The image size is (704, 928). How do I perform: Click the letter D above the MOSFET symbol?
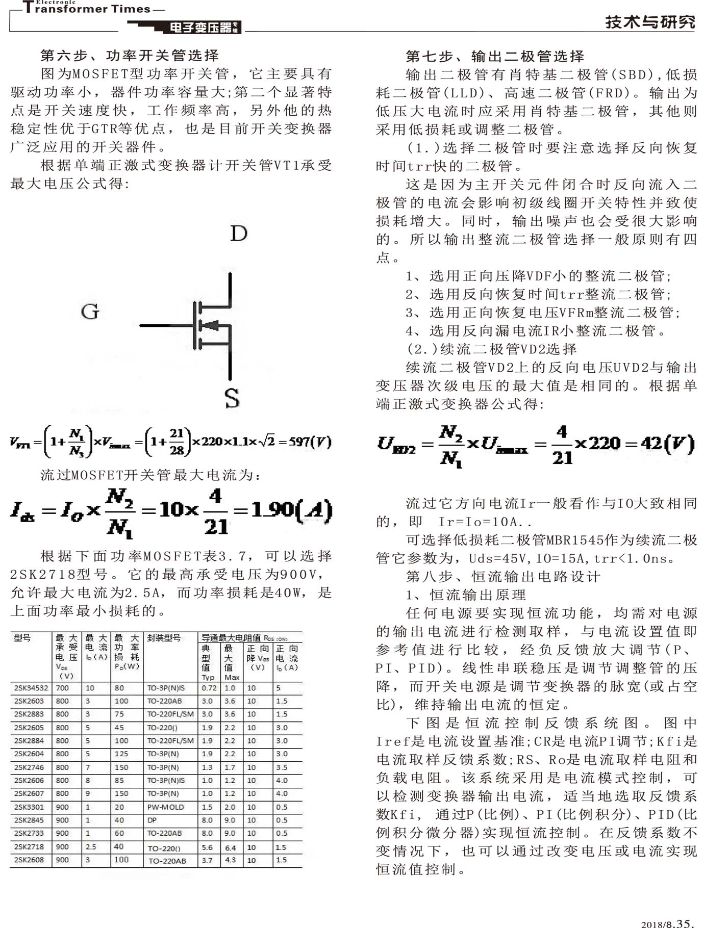[239, 234]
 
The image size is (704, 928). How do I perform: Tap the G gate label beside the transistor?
[90, 312]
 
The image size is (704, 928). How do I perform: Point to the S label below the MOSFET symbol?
[232, 398]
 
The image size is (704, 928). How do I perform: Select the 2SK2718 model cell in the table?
[29, 847]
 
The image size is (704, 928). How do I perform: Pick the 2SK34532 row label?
[31, 688]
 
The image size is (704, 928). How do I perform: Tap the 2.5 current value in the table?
[91, 847]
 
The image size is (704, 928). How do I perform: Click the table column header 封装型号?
[164, 638]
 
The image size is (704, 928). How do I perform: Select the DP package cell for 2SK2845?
[152, 820]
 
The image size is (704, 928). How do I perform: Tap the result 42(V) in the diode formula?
[668, 443]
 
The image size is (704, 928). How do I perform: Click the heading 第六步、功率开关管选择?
[130, 56]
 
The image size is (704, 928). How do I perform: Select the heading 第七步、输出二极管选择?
[495, 56]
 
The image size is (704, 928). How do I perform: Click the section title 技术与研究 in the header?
[650, 22]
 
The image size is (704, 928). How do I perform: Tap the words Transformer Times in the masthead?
[87, 9]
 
